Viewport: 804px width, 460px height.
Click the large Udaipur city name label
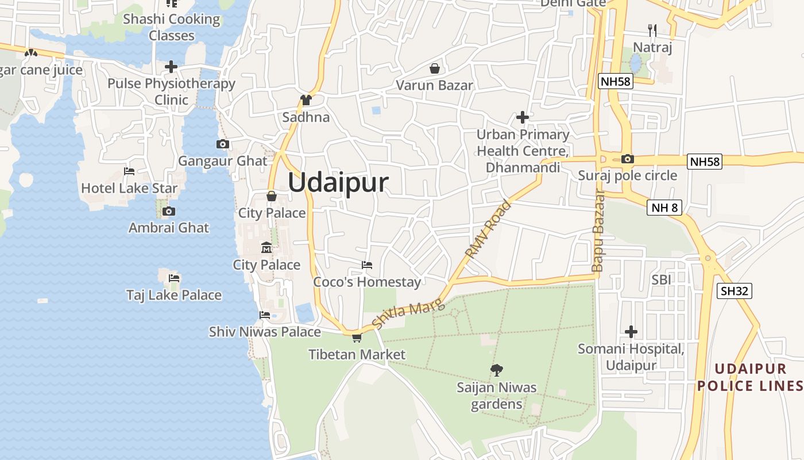pyautogui.click(x=338, y=183)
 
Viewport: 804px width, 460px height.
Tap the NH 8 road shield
pyautogui.click(x=665, y=208)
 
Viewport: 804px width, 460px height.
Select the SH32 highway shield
pyautogui.click(x=735, y=291)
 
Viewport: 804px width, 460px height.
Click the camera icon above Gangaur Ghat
pyautogui.click(x=223, y=144)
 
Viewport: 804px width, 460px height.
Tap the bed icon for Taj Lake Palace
pyautogui.click(x=174, y=278)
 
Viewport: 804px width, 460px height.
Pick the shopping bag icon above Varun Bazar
pyautogui.click(x=435, y=68)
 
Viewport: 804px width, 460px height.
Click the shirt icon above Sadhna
pyautogui.click(x=306, y=100)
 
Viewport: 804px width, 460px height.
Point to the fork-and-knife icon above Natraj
pyautogui.click(x=652, y=29)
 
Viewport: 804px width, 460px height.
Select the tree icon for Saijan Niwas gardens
pyautogui.click(x=497, y=370)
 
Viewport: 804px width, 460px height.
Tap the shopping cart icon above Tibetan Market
pyautogui.click(x=357, y=338)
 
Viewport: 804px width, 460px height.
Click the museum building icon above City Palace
pyautogui.click(x=266, y=248)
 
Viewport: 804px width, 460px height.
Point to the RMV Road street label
pyautogui.click(x=488, y=229)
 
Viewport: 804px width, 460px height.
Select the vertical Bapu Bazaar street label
pyautogui.click(x=598, y=230)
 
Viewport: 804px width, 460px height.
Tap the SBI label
pyautogui.click(x=661, y=279)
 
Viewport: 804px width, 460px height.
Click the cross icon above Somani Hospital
pyautogui.click(x=631, y=332)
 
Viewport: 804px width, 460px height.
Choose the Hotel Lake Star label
pyautogui.click(x=129, y=188)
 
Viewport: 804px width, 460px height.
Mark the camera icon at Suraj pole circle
pyautogui.click(x=628, y=159)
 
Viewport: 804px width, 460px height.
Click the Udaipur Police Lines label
pyautogui.click(x=749, y=377)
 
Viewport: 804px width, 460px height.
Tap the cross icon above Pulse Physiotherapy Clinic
pyautogui.click(x=171, y=67)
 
